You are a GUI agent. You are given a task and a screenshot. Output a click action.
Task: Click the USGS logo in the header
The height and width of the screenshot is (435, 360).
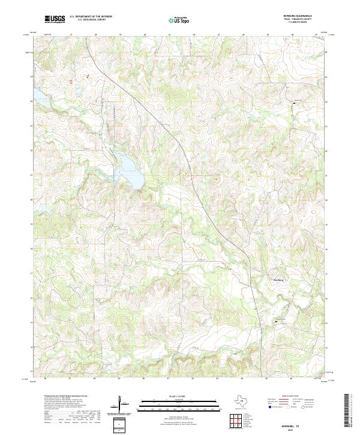pyautogui.click(x=55, y=19)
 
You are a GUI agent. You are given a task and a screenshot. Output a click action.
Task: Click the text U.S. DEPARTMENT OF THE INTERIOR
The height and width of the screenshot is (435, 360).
pyautogui.click(x=91, y=17)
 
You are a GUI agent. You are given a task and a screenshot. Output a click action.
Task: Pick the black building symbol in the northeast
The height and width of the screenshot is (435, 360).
pyautogui.click(x=294, y=104)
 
